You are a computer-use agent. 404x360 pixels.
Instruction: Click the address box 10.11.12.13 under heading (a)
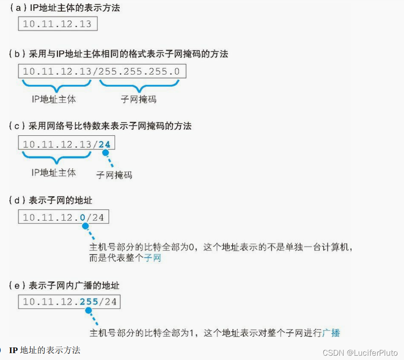coord(57,24)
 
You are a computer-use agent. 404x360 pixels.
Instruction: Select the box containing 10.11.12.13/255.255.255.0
coord(102,71)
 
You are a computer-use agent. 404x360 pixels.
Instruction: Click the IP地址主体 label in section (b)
coord(54,99)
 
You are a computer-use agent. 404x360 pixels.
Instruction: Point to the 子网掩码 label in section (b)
coord(138,99)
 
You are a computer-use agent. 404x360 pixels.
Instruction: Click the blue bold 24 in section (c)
coord(104,144)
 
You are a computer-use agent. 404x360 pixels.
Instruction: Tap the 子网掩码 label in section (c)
coord(114,175)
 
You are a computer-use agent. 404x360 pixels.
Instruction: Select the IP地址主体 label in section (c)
coord(54,172)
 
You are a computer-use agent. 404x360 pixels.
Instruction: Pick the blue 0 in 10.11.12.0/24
coord(83,217)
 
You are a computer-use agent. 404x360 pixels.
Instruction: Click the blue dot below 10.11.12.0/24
coord(85,226)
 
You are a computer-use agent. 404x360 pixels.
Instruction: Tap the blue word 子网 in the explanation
coord(152,258)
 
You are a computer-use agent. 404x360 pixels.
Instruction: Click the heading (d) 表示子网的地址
coord(51,200)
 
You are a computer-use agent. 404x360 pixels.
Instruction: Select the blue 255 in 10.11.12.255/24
coord(89,302)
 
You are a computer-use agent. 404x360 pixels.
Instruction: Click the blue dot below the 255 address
coord(88,310)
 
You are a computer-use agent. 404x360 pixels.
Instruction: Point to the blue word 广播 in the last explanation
coord(331,332)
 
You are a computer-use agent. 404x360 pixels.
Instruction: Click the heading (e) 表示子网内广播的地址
coord(64,285)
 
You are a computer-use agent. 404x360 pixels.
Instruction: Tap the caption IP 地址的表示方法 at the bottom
coord(45,350)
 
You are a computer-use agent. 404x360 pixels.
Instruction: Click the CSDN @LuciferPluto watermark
coord(360,353)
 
